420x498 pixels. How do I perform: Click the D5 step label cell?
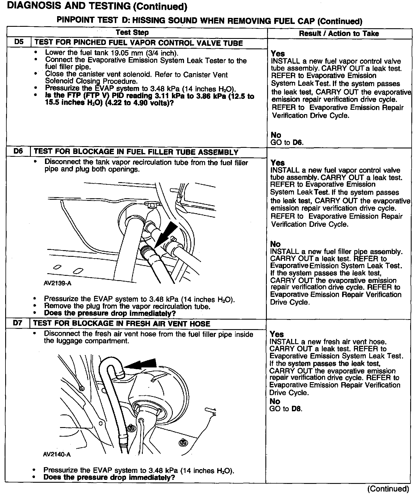(19, 42)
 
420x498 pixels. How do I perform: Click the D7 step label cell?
(18, 323)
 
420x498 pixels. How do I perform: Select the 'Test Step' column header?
(132, 33)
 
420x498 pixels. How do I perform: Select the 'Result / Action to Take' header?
(339, 33)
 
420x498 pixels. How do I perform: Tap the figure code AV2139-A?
(57, 283)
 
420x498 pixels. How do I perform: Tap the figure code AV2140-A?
(57, 454)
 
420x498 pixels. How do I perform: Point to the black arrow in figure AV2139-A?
(166, 234)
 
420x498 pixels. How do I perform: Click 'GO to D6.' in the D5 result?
(287, 142)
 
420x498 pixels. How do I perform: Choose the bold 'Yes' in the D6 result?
(277, 163)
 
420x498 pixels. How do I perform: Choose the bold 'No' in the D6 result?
(275, 244)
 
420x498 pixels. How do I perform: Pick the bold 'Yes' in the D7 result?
(277, 334)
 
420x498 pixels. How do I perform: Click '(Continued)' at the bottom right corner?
(388, 489)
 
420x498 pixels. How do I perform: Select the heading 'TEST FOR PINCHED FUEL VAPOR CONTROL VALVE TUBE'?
(138, 43)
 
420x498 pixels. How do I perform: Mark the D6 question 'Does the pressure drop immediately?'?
(110, 313)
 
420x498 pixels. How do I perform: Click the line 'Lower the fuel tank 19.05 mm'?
(112, 53)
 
